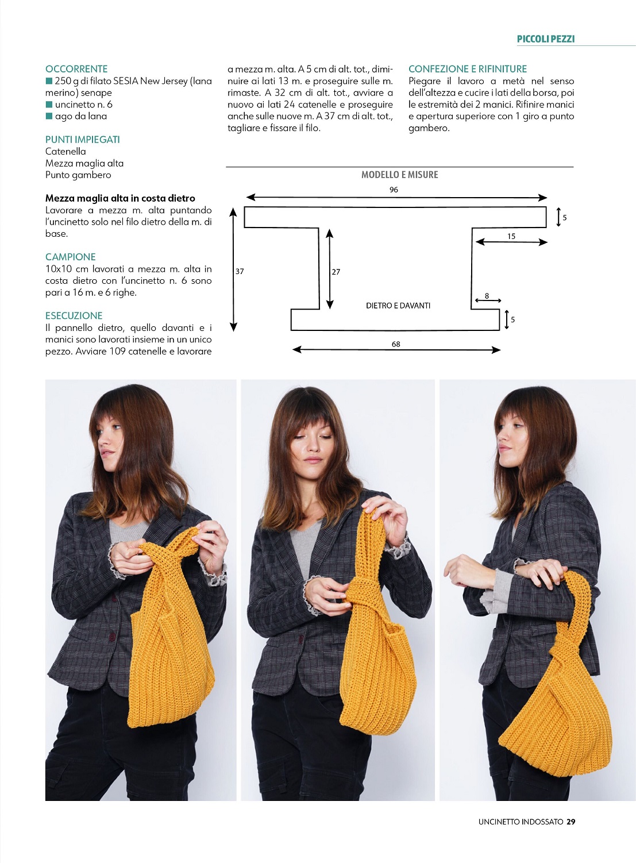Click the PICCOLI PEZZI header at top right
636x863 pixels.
click(x=545, y=39)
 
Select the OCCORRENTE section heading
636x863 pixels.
click(x=76, y=69)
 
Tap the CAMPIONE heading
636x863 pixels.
click(x=71, y=257)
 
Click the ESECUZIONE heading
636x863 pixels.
click(x=74, y=315)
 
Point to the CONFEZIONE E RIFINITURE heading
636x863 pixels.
click(x=468, y=69)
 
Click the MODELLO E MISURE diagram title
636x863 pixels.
click(x=399, y=175)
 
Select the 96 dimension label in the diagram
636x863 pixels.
click(x=394, y=190)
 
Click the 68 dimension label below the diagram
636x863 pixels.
click(x=396, y=344)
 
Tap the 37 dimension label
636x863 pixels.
click(x=240, y=271)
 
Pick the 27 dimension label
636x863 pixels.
click(x=336, y=272)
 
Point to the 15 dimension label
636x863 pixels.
click(x=511, y=236)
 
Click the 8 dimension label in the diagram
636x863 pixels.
click(x=487, y=295)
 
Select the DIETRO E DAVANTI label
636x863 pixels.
click(x=398, y=306)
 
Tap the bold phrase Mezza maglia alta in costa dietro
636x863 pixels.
click(x=120, y=198)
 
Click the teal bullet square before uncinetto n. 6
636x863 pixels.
click(x=49, y=105)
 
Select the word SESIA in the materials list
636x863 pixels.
click(x=126, y=81)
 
